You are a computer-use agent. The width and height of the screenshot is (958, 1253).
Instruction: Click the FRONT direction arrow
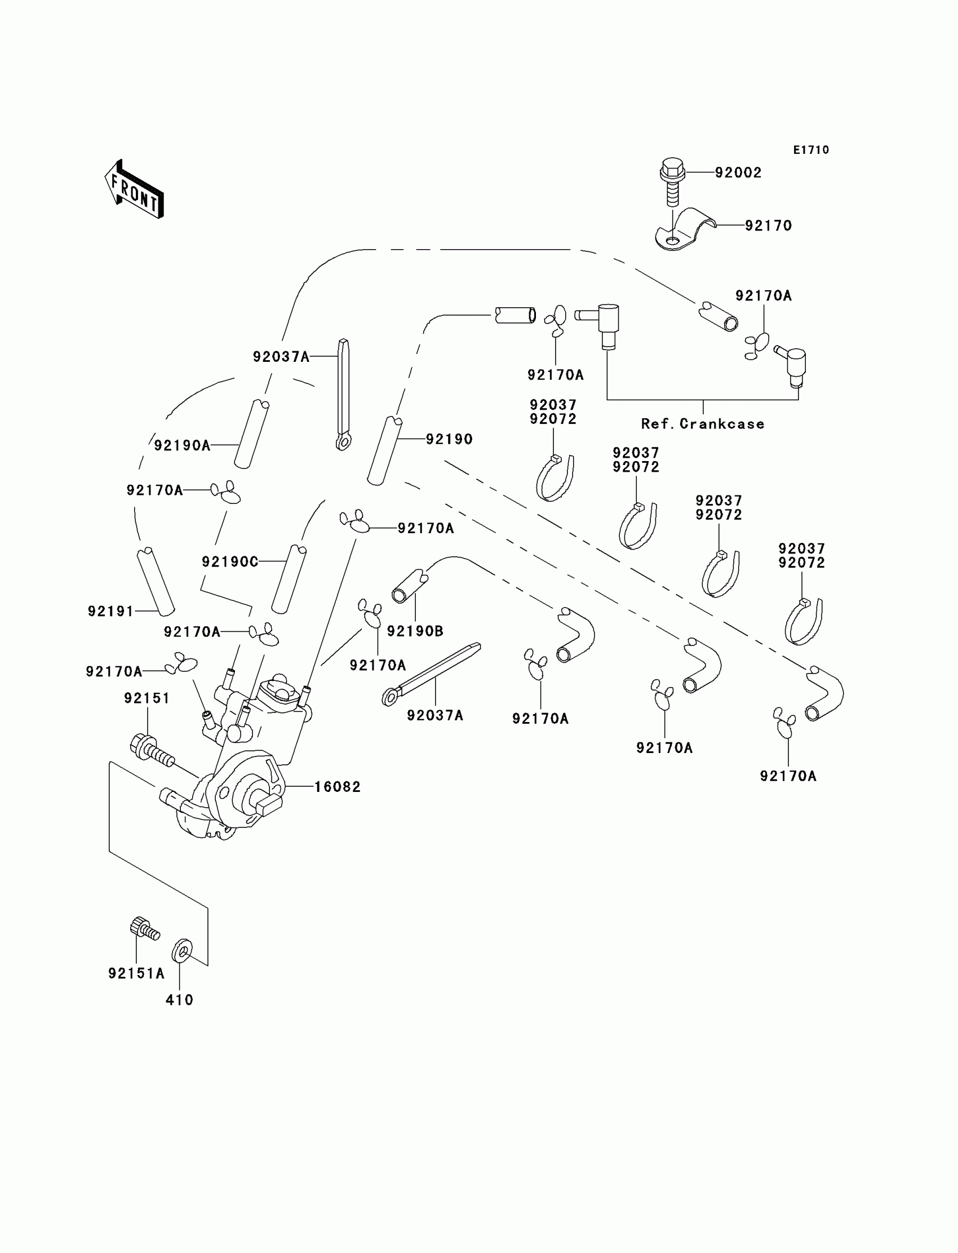coord(134,190)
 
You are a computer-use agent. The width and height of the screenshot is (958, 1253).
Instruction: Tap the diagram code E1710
coord(811,150)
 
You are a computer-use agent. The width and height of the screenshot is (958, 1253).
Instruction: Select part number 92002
coord(738,173)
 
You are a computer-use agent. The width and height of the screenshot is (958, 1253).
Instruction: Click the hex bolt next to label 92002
coord(672,180)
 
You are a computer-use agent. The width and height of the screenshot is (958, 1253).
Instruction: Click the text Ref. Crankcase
coord(703,424)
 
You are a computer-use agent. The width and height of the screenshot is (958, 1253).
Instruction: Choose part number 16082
coord(338,787)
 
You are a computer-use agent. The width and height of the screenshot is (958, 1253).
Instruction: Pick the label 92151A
coord(136,973)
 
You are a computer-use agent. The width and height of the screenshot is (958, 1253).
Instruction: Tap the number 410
coord(180,1000)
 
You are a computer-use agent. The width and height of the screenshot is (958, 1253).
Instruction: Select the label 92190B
coord(415,631)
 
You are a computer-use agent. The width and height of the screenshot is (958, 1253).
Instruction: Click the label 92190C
coord(230,562)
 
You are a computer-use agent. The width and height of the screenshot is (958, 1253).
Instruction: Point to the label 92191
coord(110,612)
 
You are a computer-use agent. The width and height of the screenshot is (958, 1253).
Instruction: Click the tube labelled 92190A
coord(251,434)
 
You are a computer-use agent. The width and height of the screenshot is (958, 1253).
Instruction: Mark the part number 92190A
coord(182,445)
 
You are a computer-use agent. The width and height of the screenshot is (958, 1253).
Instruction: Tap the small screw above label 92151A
coord(144,929)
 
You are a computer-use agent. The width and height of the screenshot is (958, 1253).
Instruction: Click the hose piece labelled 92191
coord(156,582)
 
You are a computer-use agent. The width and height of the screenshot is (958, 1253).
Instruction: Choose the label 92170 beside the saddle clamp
coord(768,226)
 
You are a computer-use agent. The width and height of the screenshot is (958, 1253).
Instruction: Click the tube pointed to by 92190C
coord(289,578)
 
